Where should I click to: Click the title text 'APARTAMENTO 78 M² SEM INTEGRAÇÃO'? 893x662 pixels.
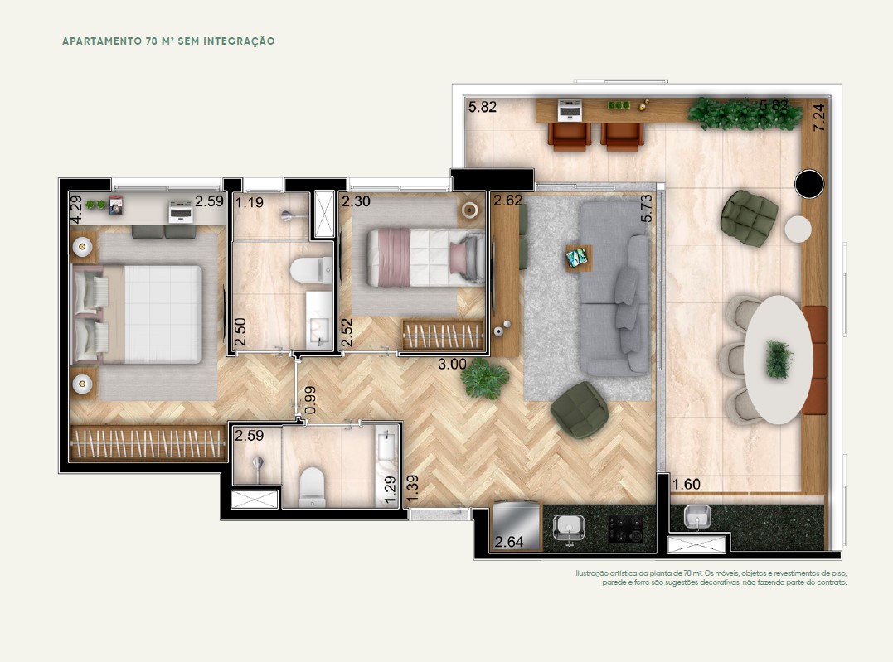point(168,41)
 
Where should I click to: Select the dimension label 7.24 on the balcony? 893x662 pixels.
point(818,118)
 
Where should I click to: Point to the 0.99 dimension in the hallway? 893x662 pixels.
point(310,400)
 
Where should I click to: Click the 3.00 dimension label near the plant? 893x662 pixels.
point(452,365)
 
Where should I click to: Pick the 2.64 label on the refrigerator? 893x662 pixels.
point(508,542)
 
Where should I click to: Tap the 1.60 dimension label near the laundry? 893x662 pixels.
point(687,485)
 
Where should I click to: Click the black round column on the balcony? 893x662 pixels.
point(808,184)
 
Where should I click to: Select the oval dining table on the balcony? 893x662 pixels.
point(778,360)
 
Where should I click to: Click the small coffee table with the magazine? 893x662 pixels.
point(579,259)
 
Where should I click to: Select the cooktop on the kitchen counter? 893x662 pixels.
point(624,529)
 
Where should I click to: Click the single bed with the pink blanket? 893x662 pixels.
point(426,258)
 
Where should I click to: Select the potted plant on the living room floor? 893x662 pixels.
point(485,378)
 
